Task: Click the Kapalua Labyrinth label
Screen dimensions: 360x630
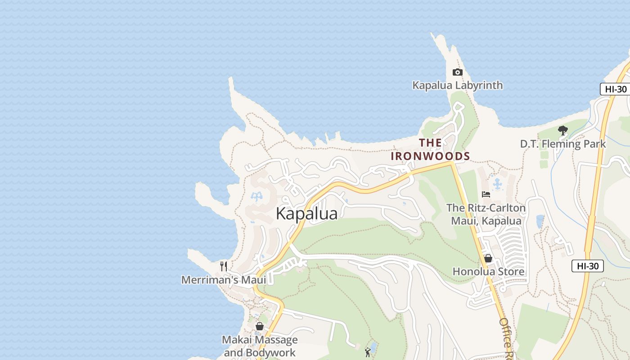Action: [458, 85]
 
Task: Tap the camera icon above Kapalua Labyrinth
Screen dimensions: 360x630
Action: [457, 72]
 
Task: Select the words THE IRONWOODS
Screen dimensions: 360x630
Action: [430, 149]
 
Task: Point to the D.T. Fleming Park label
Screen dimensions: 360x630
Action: [563, 144]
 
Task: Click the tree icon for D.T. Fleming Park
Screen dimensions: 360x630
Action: [562, 130]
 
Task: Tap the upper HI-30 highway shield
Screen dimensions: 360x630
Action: [615, 89]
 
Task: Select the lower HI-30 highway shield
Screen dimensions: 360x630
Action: [587, 266]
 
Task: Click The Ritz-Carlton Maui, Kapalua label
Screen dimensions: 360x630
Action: [486, 214]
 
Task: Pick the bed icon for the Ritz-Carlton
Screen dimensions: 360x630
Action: [486, 194]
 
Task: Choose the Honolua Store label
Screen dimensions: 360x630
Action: [488, 271]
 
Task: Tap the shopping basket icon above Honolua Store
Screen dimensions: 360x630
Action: [488, 258]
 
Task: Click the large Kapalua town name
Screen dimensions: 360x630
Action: [306, 213]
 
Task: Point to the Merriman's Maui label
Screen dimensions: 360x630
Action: [224, 279]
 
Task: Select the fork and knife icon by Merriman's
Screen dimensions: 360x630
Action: [223, 266]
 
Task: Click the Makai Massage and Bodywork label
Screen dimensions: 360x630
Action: [260, 346]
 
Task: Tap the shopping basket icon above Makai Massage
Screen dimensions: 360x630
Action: [260, 326]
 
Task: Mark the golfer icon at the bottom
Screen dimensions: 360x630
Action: [368, 352]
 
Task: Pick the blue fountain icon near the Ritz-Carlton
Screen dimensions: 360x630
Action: [497, 184]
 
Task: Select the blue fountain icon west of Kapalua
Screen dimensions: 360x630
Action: [256, 197]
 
